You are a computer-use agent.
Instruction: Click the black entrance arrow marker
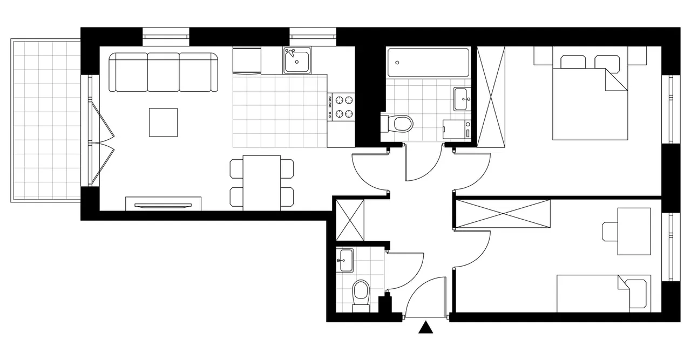pos(426,328)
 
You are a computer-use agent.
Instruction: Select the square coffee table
pos(164,123)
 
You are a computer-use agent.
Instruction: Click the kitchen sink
pos(296,60)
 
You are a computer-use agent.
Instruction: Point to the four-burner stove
pos(342,106)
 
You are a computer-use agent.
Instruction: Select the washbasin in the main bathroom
pos(462,99)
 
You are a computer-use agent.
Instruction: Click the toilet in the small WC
pos(360,295)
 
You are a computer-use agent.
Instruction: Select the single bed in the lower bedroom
pos(604,293)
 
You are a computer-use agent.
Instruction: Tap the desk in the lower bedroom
pos(634,231)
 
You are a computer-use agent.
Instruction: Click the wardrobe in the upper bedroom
pos(491,96)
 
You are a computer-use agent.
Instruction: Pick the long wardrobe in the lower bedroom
pos(503,214)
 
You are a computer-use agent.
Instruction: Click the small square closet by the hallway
pos(350,220)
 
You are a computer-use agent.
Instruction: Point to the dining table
pos(261,182)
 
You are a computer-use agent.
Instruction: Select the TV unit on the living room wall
pos(164,204)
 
